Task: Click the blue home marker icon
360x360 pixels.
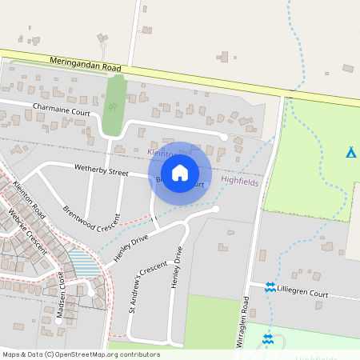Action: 180,173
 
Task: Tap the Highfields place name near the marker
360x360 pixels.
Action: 240,181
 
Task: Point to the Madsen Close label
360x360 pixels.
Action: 61,294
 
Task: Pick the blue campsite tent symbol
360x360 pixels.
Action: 350,152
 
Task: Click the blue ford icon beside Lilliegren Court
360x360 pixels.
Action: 270,286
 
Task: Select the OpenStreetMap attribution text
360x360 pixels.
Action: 81,354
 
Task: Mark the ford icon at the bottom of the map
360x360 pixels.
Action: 267,339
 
